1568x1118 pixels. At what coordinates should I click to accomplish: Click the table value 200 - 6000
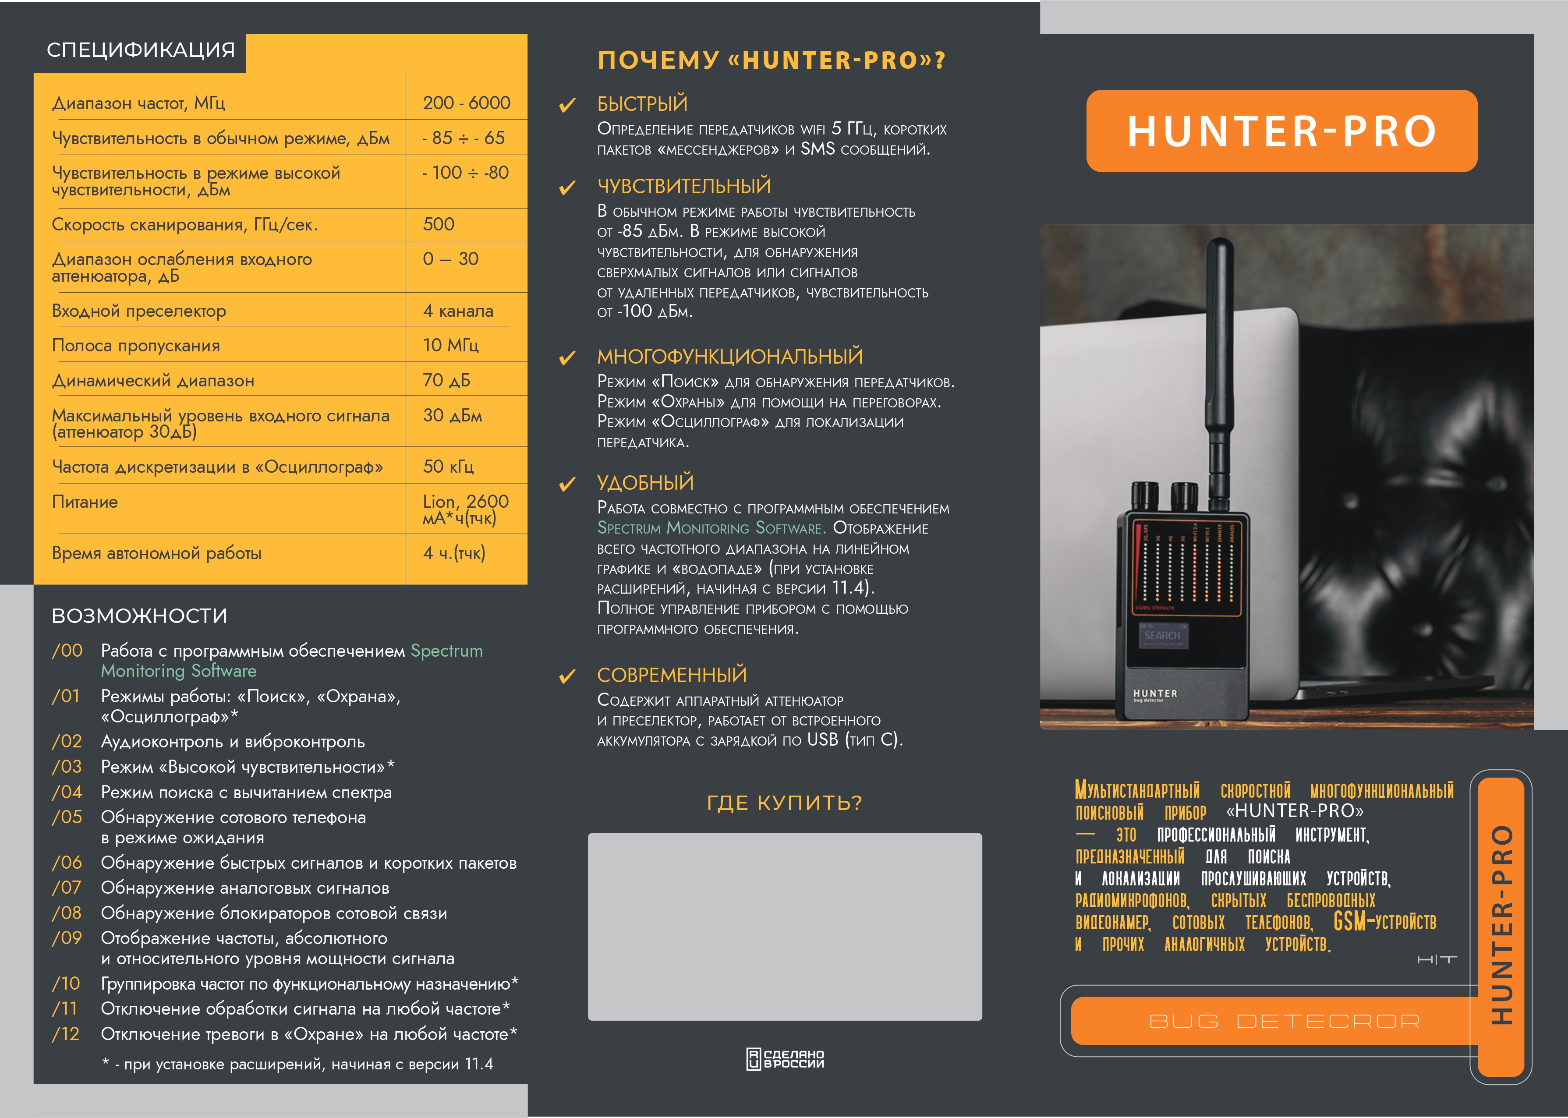click(x=466, y=103)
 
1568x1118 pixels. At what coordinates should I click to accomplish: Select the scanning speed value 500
click(x=439, y=224)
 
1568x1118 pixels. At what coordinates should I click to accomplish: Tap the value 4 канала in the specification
click(x=458, y=311)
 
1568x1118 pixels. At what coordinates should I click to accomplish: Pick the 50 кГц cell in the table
click(x=448, y=467)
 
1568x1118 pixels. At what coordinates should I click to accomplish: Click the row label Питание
click(x=85, y=502)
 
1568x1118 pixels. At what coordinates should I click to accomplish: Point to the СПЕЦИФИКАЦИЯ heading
click(x=141, y=50)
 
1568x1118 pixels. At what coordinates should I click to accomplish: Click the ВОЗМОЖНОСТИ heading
click(x=139, y=616)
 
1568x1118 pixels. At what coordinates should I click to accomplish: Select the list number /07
click(x=67, y=888)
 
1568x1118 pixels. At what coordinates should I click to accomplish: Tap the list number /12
click(x=66, y=1034)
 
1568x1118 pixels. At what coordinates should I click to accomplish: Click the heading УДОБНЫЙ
click(x=645, y=483)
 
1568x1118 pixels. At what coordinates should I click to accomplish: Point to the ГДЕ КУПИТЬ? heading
click(x=784, y=803)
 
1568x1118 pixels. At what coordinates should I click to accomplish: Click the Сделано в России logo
click(x=785, y=1059)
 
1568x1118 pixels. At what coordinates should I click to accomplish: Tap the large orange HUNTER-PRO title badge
click(x=1281, y=131)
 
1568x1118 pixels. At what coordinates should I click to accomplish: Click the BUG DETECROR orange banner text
click(x=1284, y=1022)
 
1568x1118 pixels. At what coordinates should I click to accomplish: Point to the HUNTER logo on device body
click(x=1155, y=694)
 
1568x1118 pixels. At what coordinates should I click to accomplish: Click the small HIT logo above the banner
click(x=1437, y=960)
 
